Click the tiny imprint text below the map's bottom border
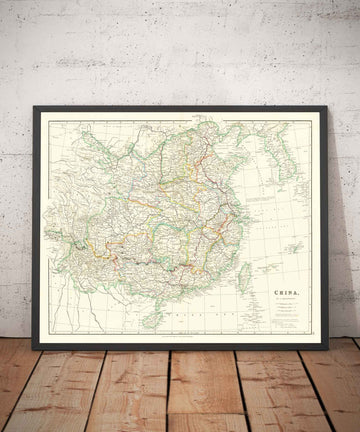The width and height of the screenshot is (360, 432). pos(180,337)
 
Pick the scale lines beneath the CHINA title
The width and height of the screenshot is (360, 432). pos(287,281)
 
